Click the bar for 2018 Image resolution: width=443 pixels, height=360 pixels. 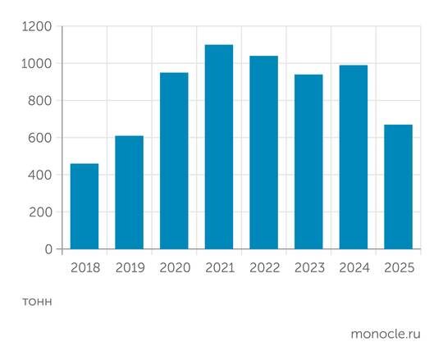click(x=84, y=206)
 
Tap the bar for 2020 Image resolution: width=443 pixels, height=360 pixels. click(x=174, y=161)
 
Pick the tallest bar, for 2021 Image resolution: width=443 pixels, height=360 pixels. click(x=219, y=147)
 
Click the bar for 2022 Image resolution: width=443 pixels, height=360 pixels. click(x=264, y=153)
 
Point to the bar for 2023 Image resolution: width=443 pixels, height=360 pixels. click(x=308, y=162)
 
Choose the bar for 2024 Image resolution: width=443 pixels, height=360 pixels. click(x=354, y=157)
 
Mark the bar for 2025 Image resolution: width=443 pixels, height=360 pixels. click(x=399, y=187)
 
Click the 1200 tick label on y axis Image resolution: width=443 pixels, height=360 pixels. click(x=36, y=27)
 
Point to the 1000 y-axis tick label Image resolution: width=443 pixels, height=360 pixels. click(x=36, y=64)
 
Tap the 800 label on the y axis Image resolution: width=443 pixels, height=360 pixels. click(x=40, y=101)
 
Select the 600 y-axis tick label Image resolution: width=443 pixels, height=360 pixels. click(x=40, y=138)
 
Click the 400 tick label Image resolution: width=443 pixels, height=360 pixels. click(x=40, y=175)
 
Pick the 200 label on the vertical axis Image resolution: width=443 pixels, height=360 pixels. click(x=40, y=212)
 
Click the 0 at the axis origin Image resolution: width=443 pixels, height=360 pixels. click(x=48, y=249)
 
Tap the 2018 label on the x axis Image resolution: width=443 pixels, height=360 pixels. click(x=84, y=268)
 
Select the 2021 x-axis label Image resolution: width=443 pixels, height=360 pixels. click(x=219, y=268)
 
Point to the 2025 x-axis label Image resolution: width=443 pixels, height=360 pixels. click(x=399, y=268)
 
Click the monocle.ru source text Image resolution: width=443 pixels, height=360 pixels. click(x=386, y=334)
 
